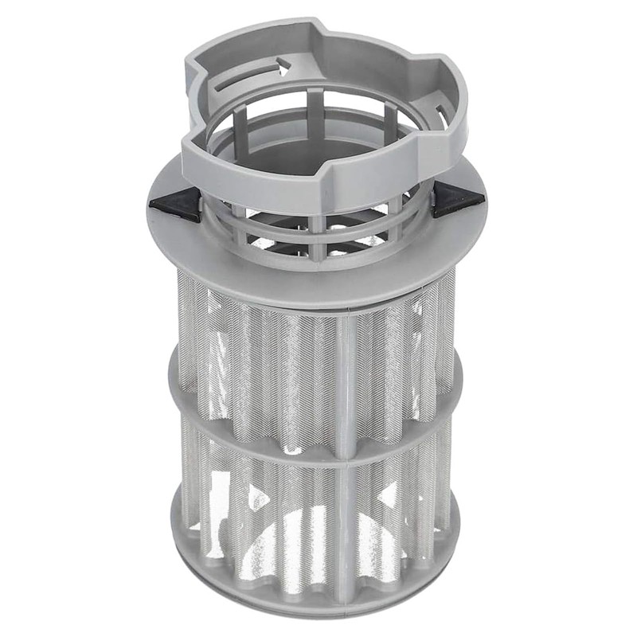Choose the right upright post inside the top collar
[x=390, y=119]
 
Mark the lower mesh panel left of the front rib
[x=279, y=518]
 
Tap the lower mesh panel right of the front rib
[x=390, y=510]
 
